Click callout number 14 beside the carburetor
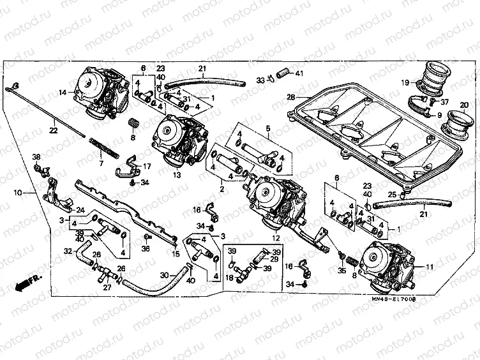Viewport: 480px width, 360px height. tap(63, 93)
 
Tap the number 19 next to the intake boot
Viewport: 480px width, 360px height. tap(405, 82)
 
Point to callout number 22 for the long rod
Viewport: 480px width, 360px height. tap(54, 131)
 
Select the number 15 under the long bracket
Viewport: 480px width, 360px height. tap(176, 253)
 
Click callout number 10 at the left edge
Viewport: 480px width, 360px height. tap(17, 191)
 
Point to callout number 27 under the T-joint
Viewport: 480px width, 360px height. tap(107, 288)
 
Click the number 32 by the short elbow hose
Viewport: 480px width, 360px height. tap(68, 251)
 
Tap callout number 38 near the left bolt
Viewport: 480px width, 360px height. tap(36, 157)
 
